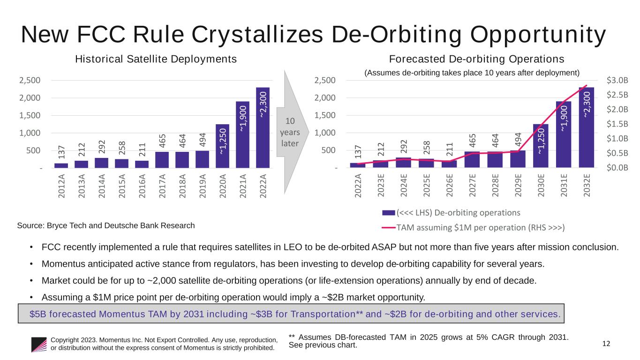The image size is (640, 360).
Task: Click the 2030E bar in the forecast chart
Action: click(x=541, y=145)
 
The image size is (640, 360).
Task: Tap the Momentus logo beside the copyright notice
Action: click(x=39, y=345)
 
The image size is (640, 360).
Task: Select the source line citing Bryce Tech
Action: click(x=105, y=225)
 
